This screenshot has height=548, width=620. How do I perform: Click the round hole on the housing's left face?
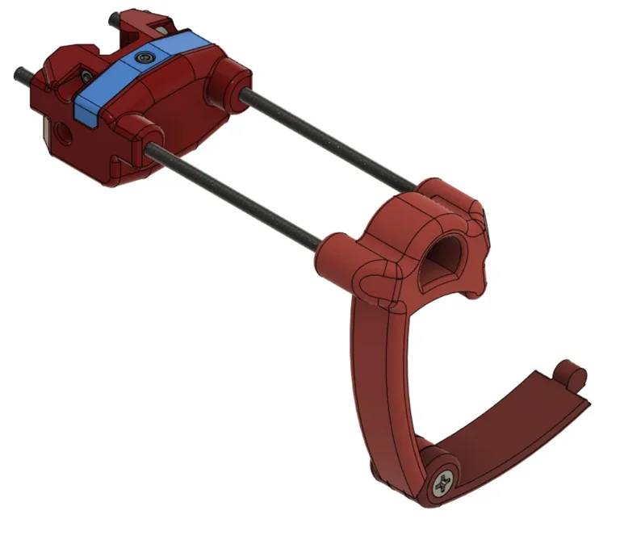coord(62,130)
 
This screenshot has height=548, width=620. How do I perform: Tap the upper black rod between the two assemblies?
coord(331,137)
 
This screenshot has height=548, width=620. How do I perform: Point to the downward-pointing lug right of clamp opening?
coord(480,278)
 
